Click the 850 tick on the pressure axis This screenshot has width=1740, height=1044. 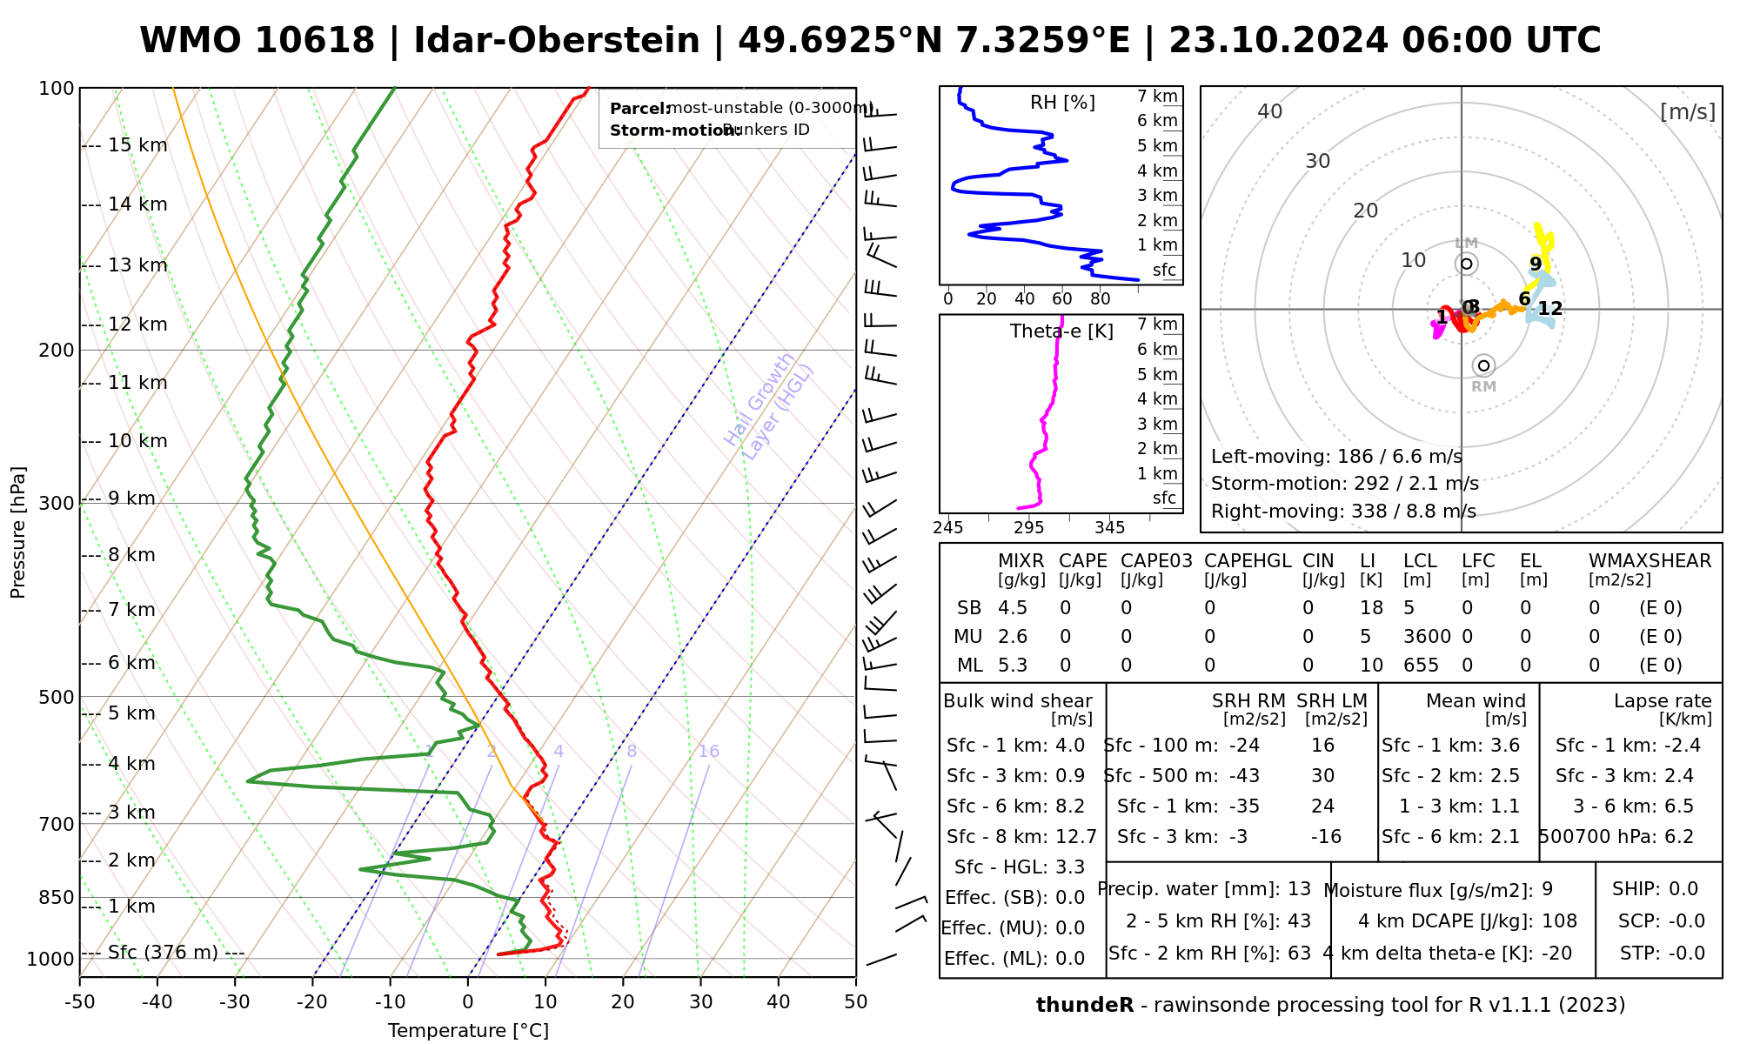pyautogui.click(x=57, y=897)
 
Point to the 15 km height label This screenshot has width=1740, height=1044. pyautogui.click(x=137, y=145)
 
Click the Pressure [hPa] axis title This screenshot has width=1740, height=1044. pyautogui.click(x=18, y=532)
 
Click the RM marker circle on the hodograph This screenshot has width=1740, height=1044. pyautogui.click(x=1484, y=365)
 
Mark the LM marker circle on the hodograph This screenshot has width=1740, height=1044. pyautogui.click(x=1467, y=264)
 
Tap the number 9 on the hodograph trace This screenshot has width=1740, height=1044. pyautogui.click(x=1536, y=264)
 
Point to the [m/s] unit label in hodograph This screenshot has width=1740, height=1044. pyautogui.click(x=1688, y=112)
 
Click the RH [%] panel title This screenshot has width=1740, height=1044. pyautogui.click(x=1062, y=103)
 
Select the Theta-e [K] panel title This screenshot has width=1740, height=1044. pyautogui.click(x=1061, y=331)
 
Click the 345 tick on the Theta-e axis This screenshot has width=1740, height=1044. pyautogui.click(x=1109, y=528)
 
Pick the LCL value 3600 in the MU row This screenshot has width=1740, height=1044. pyautogui.click(x=1427, y=637)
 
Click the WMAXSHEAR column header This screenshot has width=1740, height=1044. pyautogui.click(x=1650, y=561)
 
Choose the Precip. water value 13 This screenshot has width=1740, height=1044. pyautogui.click(x=1299, y=889)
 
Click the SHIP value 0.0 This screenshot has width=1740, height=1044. pyautogui.click(x=1683, y=889)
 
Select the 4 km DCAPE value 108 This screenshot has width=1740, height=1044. pyautogui.click(x=1559, y=921)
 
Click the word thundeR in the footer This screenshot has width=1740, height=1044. pyautogui.click(x=1085, y=1006)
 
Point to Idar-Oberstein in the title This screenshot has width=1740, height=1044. pyautogui.click(x=557, y=41)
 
